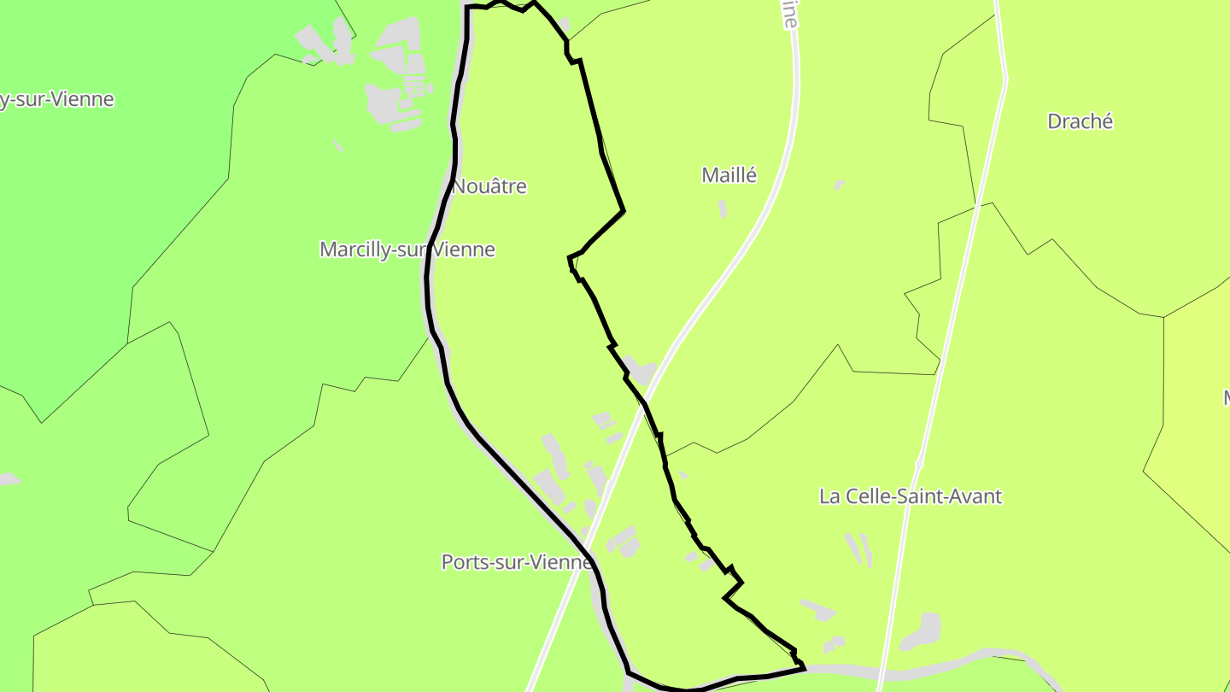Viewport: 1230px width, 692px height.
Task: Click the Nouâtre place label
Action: click(x=489, y=186)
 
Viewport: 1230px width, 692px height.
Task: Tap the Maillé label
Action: click(x=729, y=175)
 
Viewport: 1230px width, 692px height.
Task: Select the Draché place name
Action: click(x=1080, y=121)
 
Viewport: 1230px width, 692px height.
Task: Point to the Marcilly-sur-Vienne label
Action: click(x=407, y=249)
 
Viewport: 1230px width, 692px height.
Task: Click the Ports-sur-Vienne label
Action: click(x=516, y=562)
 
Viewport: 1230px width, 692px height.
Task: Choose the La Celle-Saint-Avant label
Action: click(x=911, y=496)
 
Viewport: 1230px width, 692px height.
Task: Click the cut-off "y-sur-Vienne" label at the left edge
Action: click(x=56, y=99)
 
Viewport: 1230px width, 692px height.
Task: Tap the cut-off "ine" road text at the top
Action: click(x=790, y=15)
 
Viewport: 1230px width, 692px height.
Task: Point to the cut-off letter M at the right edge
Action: click(x=1225, y=397)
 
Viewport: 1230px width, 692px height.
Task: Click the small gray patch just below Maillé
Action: click(x=723, y=208)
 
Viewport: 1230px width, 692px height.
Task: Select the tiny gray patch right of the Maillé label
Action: click(x=840, y=185)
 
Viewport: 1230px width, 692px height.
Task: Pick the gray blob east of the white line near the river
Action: click(x=922, y=631)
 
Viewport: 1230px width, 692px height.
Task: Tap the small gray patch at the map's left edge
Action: click(x=9, y=479)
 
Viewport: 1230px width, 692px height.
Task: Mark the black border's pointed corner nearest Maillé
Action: click(x=624, y=210)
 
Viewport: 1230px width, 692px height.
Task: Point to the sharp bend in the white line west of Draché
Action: click(x=1005, y=81)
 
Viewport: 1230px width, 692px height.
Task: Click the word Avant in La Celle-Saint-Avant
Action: click(x=971, y=496)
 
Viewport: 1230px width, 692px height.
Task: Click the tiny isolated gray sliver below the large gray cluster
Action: click(x=338, y=146)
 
